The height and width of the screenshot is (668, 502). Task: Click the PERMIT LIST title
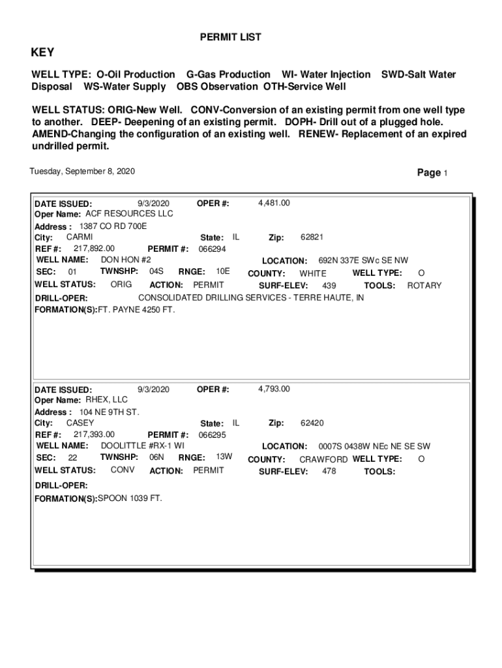[x=230, y=38]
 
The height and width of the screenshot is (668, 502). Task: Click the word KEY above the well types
[x=43, y=53]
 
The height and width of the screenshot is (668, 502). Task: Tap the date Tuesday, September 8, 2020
[x=82, y=172]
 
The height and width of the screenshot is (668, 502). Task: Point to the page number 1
[x=445, y=174]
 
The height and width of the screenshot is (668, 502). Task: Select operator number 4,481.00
[x=274, y=203]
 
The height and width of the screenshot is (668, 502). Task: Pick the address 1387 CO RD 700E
[x=113, y=226]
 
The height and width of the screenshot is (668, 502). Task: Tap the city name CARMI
[x=80, y=237]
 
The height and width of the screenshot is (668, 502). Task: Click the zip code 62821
[x=312, y=237]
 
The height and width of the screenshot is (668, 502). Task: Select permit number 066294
[x=213, y=249]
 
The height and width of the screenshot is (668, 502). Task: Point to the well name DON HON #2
[x=126, y=260]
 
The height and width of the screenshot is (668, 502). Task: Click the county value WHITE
[x=313, y=273]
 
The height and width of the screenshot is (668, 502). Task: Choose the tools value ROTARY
[x=424, y=286]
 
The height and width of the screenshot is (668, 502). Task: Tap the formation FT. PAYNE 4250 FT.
[x=136, y=309]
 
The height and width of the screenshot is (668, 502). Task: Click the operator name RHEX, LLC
[x=107, y=399]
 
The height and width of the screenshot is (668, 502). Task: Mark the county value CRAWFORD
[x=323, y=459]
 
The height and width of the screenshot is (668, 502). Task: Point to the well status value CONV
[x=122, y=470]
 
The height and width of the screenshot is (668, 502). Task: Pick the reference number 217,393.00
[x=94, y=434]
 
